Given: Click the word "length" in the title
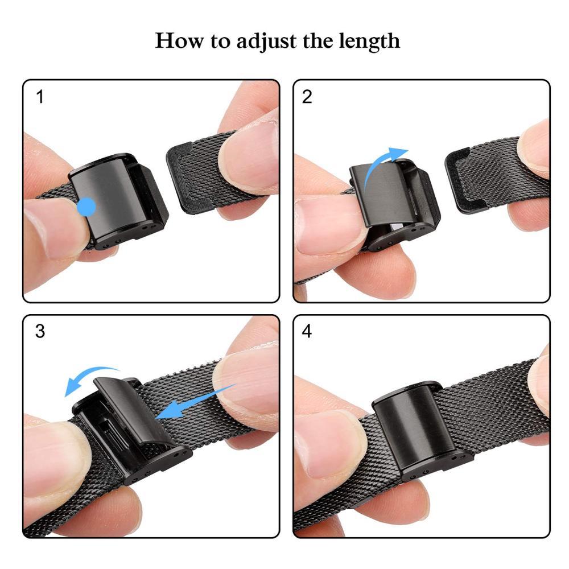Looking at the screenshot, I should pos(369,42).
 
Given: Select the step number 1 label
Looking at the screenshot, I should pos(40,97).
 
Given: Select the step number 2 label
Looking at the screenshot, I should pos(307,97).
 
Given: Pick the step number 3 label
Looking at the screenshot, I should pos(40,332).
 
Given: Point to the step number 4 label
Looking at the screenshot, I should pos(307,332).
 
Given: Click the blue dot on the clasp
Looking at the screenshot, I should pos(86,207).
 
